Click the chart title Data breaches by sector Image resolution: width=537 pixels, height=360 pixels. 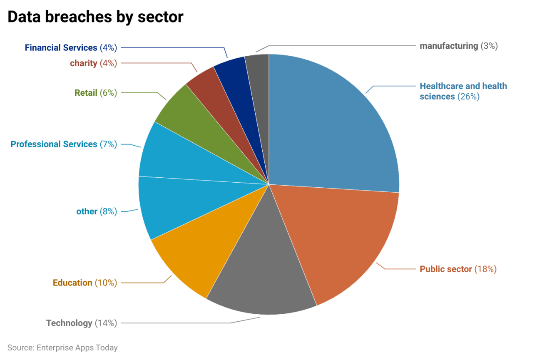tap(95, 17)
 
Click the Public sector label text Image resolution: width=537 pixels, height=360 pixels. tap(445, 269)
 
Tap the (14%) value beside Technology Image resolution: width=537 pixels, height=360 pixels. tap(106, 323)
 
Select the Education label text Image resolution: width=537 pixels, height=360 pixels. tap(72, 283)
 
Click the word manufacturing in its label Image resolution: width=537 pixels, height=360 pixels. tap(449, 46)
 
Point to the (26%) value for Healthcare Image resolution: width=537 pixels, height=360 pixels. tap(468, 97)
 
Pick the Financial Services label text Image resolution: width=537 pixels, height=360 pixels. tap(61, 48)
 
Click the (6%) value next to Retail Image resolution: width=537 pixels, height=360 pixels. tap(108, 93)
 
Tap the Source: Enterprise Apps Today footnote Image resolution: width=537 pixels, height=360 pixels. tap(62, 348)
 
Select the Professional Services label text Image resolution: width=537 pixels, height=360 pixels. tap(54, 144)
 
